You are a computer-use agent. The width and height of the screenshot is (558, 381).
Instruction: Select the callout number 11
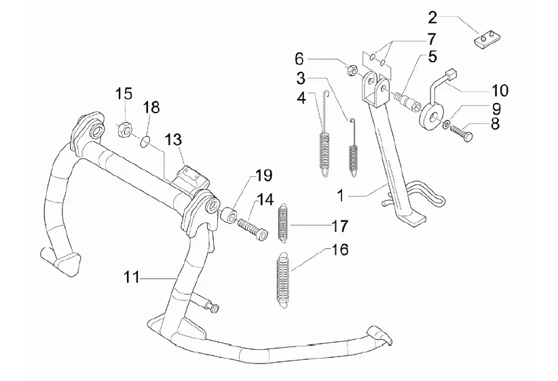(x=133, y=277)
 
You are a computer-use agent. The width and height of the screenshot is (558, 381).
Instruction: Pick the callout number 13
(x=173, y=140)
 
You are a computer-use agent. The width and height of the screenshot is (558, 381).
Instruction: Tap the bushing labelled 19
(x=229, y=217)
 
